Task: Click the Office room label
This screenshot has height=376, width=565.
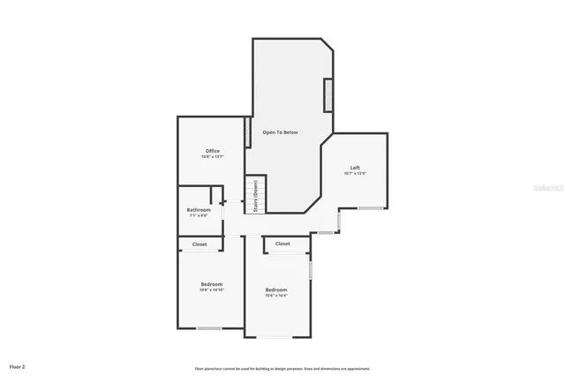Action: tap(212, 151)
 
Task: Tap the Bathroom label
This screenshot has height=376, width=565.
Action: tap(199, 209)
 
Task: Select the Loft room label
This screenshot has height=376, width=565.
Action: tap(355, 168)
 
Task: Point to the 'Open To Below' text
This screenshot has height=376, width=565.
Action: tap(280, 132)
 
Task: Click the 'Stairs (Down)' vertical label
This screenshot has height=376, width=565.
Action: tap(255, 197)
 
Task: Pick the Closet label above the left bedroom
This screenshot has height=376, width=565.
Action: tap(200, 244)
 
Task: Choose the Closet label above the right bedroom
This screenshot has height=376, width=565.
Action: tap(282, 244)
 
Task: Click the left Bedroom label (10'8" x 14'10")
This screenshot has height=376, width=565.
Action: tap(212, 283)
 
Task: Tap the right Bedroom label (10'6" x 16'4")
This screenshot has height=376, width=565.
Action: tap(276, 290)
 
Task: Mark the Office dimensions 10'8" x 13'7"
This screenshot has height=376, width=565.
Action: tap(212, 157)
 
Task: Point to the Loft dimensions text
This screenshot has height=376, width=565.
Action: tap(355, 173)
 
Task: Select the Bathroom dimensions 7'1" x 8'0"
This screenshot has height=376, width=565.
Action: tap(199, 215)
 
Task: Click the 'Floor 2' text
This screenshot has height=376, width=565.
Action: tap(18, 365)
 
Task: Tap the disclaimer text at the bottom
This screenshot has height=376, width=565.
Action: tap(282, 368)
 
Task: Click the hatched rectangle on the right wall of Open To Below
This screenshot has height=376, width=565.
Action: tap(328, 95)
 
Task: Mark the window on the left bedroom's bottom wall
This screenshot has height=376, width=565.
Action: tap(209, 328)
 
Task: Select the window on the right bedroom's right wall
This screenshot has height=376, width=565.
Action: tap(311, 268)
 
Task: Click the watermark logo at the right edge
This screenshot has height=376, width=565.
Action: tap(555, 186)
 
